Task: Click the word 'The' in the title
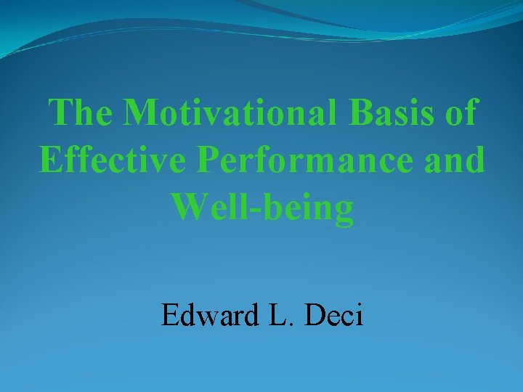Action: (x=80, y=113)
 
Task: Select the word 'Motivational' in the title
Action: (x=233, y=113)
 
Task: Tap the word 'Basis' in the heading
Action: (x=393, y=113)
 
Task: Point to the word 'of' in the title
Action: (x=460, y=113)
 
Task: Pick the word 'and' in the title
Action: (x=457, y=160)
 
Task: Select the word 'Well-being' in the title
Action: (x=263, y=208)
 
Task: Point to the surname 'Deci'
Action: (x=336, y=317)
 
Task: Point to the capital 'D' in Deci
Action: (x=317, y=317)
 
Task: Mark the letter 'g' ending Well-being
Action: (x=344, y=212)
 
